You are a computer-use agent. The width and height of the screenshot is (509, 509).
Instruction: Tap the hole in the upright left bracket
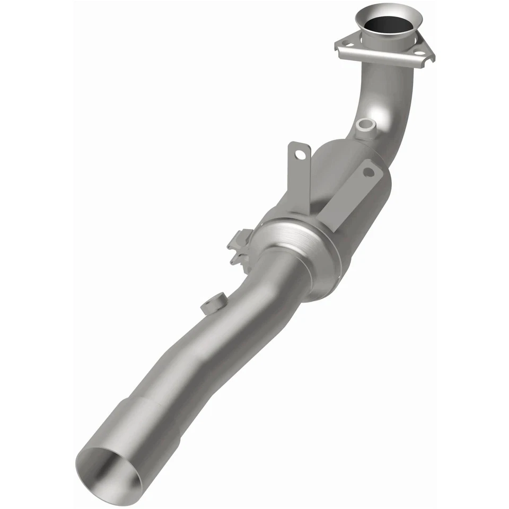(x=301, y=154)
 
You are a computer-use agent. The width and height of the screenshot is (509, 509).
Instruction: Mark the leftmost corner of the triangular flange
(x=336, y=48)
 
